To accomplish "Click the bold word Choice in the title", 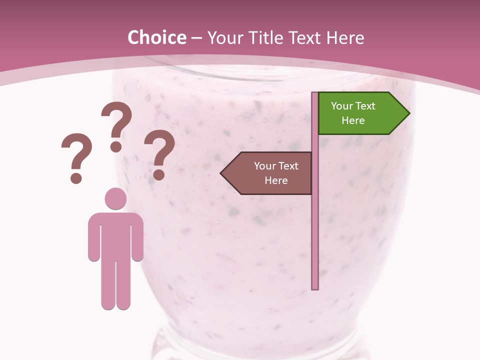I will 156,37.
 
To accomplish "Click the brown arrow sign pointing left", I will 267,173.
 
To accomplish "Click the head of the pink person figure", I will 115,198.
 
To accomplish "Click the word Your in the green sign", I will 341,106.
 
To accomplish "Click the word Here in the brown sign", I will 276,180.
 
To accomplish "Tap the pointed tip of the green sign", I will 408,113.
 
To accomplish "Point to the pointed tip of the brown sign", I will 221,173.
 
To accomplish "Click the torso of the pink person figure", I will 115,235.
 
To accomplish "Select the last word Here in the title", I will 344,37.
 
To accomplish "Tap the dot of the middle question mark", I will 116,146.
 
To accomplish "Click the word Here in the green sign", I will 353,120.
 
